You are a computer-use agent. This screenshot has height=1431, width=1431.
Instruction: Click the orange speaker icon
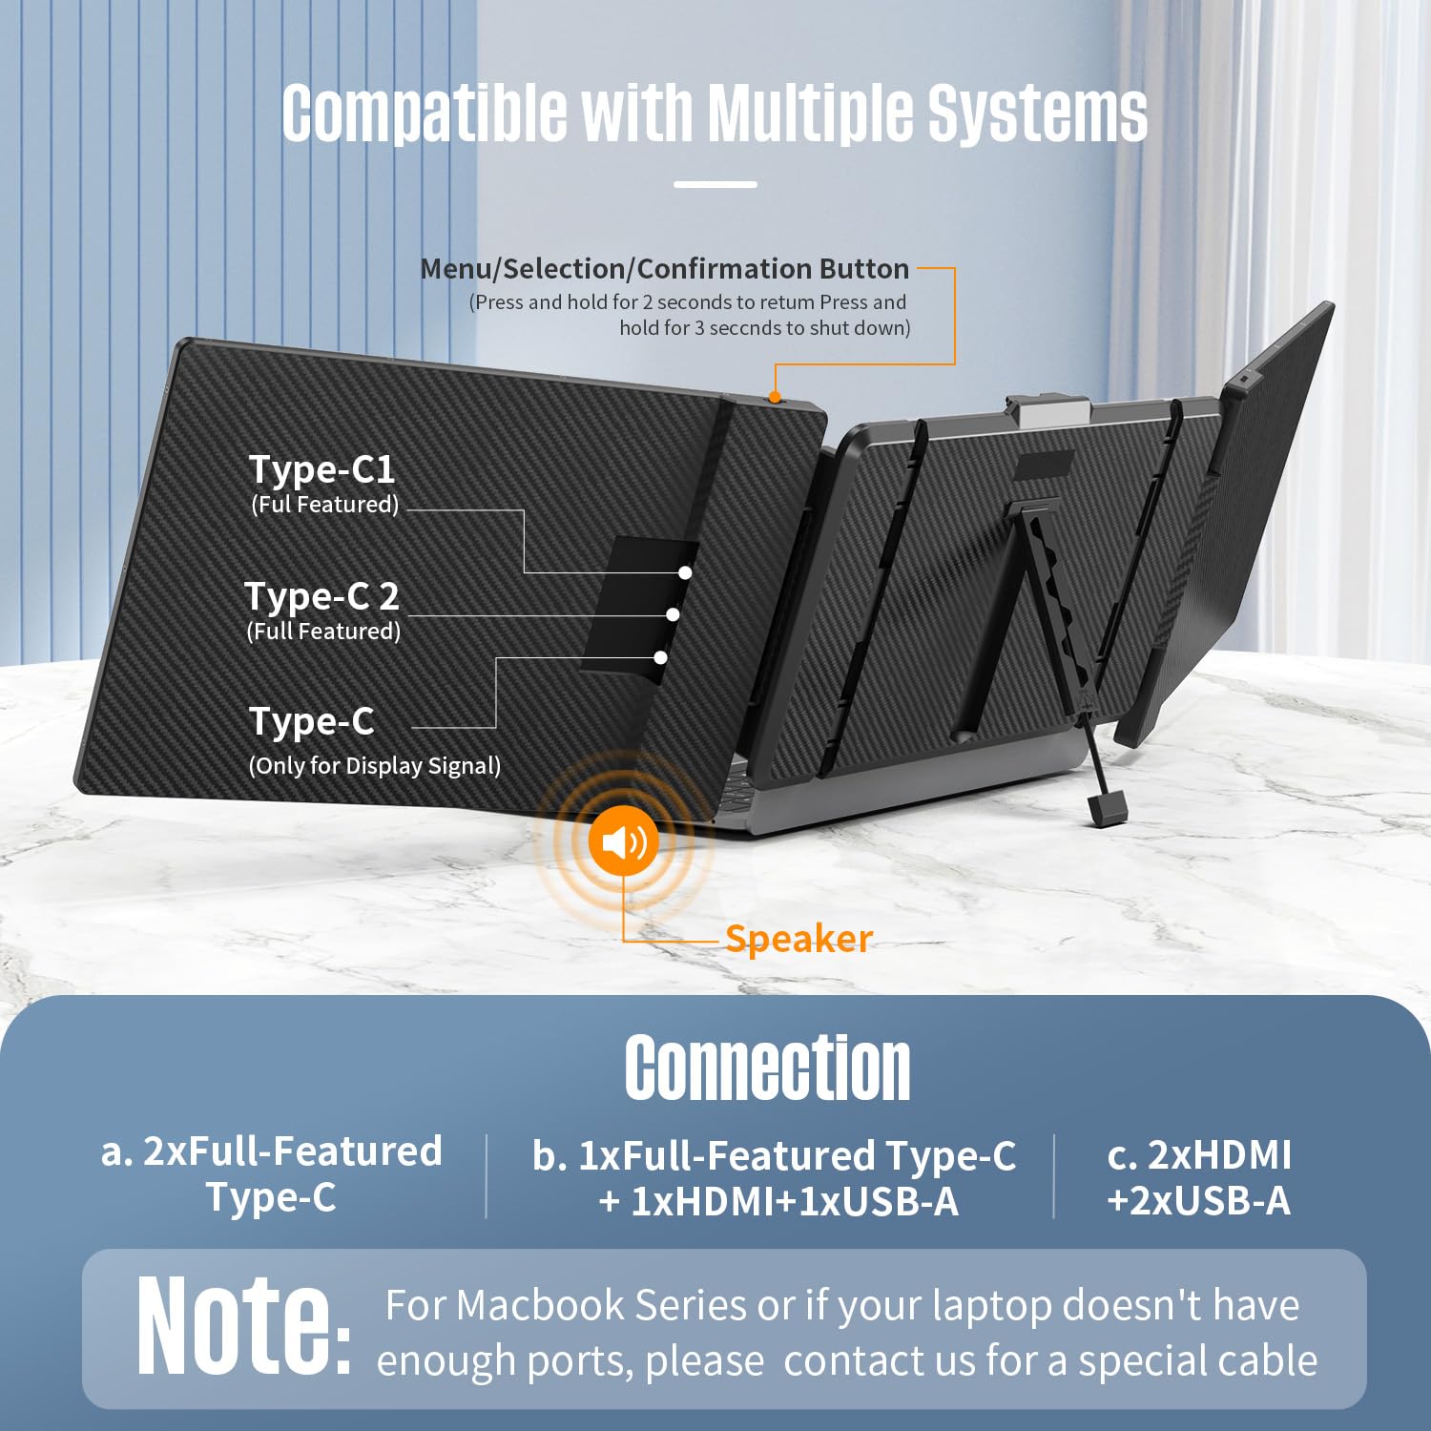(x=623, y=841)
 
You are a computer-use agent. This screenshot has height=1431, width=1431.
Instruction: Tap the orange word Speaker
(x=798, y=939)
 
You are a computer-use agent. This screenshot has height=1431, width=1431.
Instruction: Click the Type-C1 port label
(x=321, y=469)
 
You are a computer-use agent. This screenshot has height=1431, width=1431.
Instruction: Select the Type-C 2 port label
(x=321, y=596)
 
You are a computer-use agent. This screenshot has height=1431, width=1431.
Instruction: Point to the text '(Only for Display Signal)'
(x=374, y=765)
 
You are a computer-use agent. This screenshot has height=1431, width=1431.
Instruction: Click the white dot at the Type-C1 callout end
(x=685, y=572)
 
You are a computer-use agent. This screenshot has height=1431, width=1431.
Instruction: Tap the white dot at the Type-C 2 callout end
(x=673, y=614)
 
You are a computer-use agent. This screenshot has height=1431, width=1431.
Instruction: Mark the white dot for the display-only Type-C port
(x=660, y=657)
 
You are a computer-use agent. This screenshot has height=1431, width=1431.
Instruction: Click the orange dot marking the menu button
(x=775, y=397)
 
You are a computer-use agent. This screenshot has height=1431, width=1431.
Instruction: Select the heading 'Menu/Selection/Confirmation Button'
(x=664, y=269)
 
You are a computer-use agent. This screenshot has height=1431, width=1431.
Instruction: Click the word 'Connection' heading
(x=767, y=1068)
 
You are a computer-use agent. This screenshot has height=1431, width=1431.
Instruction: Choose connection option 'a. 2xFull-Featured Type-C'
(x=272, y=1174)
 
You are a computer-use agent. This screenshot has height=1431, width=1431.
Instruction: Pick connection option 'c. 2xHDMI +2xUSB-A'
(x=1198, y=1177)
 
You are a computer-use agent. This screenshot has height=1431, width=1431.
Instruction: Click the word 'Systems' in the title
(x=1038, y=113)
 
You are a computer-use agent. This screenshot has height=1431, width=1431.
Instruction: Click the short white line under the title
(x=715, y=184)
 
